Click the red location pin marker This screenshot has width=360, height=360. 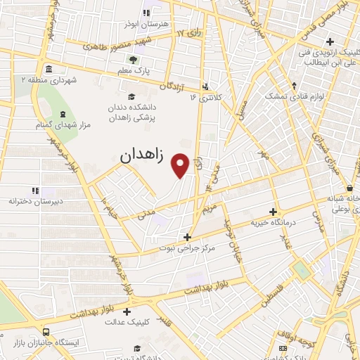[181, 165]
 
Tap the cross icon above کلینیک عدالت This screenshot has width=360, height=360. [127, 311]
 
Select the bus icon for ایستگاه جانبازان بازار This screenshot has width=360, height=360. [46, 331]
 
